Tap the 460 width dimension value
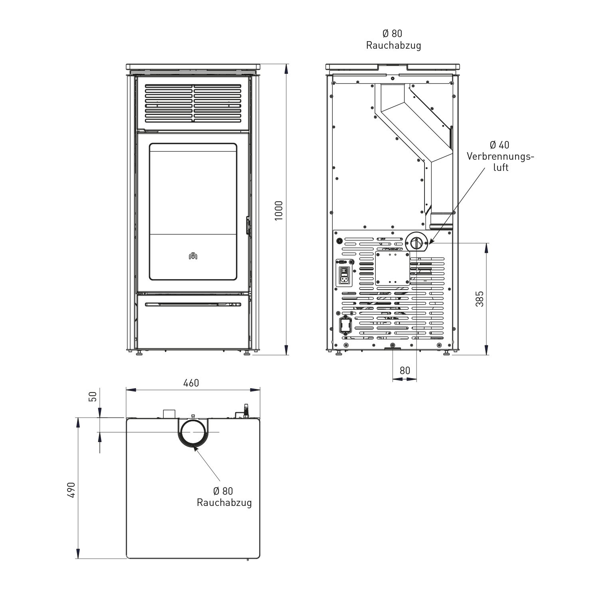coord(191,383)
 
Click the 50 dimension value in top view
coord(92,397)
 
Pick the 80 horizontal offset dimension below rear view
coord(405,371)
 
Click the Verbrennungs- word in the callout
coord(500,156)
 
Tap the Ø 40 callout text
coord(500,145)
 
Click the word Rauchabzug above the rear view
coord(393,46)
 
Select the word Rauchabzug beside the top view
coord(224,502)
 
